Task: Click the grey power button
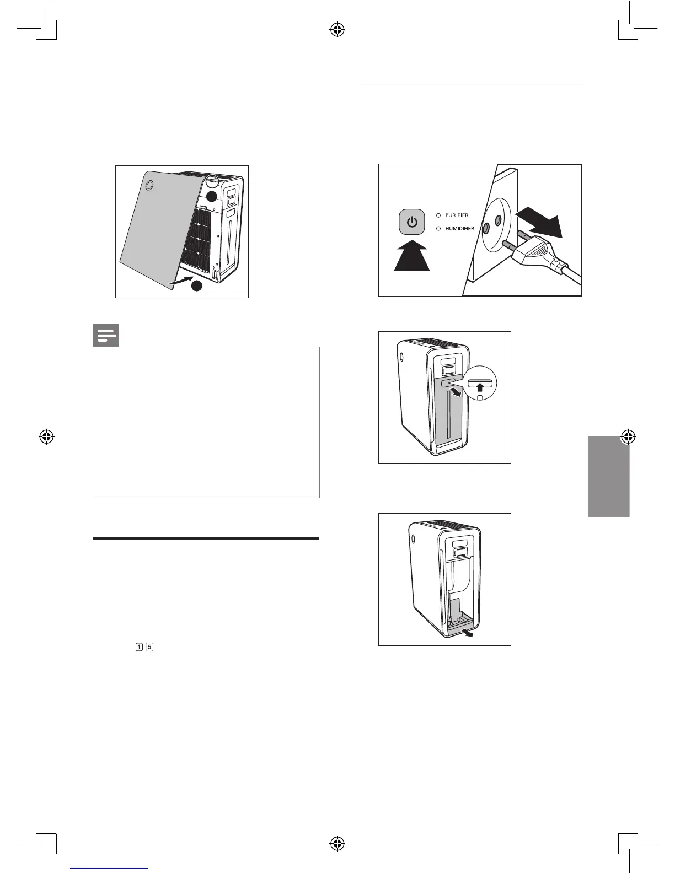pos(412,223)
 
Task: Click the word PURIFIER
pos(457,215)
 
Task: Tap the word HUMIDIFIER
pos(459,229)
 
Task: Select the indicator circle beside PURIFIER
pos(438,215)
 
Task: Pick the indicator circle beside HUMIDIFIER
pos(438,229)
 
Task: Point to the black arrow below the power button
pos(411,256)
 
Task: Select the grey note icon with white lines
pos(106,336)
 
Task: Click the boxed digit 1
pos(139,646)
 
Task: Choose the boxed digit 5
pos(149,646)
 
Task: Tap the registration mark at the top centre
pos(337,30)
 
